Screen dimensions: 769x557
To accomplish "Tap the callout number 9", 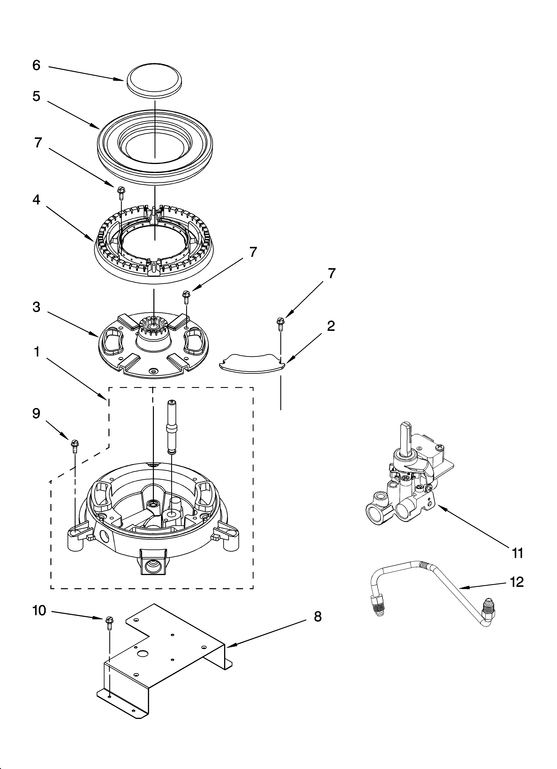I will tap(36, 414).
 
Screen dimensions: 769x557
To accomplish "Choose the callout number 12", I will tap(517, 582).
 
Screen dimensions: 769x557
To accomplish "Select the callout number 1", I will tap(36, 352).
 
